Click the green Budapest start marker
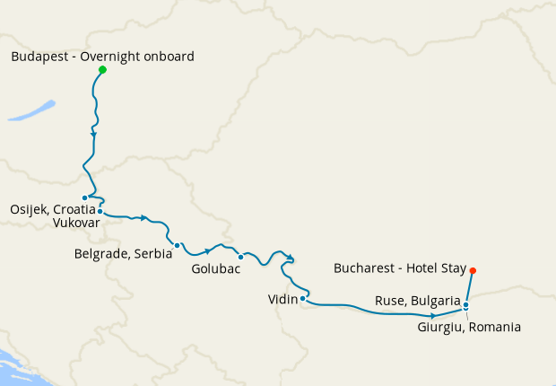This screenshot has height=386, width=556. pyautogui.click(x=102, y=70)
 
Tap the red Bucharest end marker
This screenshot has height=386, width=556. pyautogui.click(x=473, y=270)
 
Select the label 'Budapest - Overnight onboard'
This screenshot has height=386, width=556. pyautogui.click(x=102, y=57)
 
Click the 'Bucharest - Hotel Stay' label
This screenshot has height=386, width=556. pyautogui.click(x=399, y=268)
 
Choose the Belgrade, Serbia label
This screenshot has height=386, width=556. pyautogui.click(x=123, y=254)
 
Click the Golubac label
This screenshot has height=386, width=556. pyautogui.click(x=216, y=269)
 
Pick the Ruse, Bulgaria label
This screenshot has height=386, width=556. pyautogui.click(x=418, y=301)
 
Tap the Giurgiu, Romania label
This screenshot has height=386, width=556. pyautogui.click(x=469, y=327)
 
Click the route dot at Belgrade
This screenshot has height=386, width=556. pyautogui.click(x=178, y=245)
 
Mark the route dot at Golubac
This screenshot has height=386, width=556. pyautogui.click(x=240, y=257)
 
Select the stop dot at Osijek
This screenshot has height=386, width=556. pyautogui.click(x=84, y=197)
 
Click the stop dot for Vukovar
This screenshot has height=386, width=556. pyautogui.click(x=100, y=211)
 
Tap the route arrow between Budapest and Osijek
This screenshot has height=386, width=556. pyautogui.click(x=94, y=136)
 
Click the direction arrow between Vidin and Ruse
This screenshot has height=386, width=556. pyautogui.click(x=433, y=316)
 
